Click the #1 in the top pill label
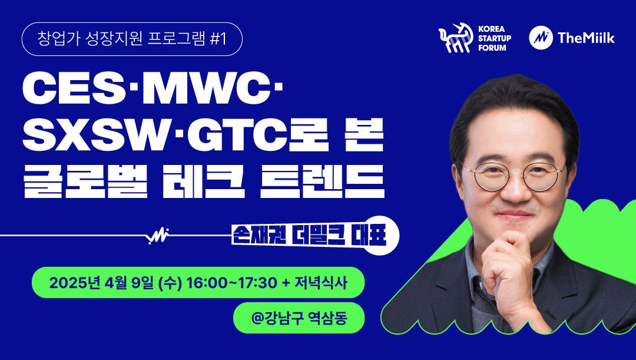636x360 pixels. [x=218, y=39]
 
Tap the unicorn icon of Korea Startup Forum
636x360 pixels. [x=456, y=38]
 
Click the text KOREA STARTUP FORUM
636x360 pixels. [x=495, y=38]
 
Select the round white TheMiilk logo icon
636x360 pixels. [x=541, y=38]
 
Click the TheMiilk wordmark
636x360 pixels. [x=586, y=38]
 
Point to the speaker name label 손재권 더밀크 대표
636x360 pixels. [x=310, y=236]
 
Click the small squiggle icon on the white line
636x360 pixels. [x=158, y=235]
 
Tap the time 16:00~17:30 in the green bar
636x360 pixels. [x=231, y=282]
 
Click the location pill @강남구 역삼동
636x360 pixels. [x=299, y=318]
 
